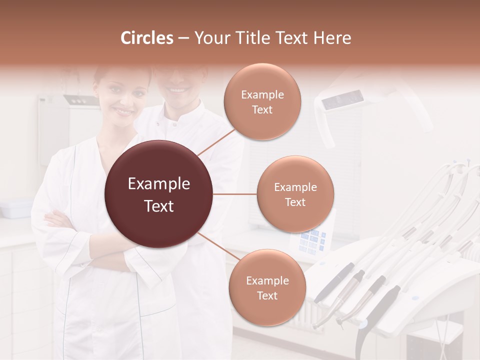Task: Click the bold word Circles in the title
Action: pyautogui.click(x=147, y=38)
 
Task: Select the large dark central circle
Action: pyautogui.click(x=159, y=194)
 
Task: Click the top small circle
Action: pyautogui.click(x=262, y=101)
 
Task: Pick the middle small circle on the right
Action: pyautogui.click(x=295, y=194)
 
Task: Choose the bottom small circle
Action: pyautogui.click(x=267, y=287)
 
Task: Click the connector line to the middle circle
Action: pyautogui.click(x=235, y=194)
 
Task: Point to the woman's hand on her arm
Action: pyautogui.click(x=57, y=219)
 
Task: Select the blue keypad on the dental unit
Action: pyautogui.click(x=312, y=241)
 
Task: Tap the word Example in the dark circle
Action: pyautogui.click(x=159, y=184)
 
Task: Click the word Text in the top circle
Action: pyautogui.click(x=262, y=109)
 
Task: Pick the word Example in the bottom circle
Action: pyautogui.click(x=267, y=280)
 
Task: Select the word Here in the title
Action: pyautogui.click(x=332, y=38)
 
